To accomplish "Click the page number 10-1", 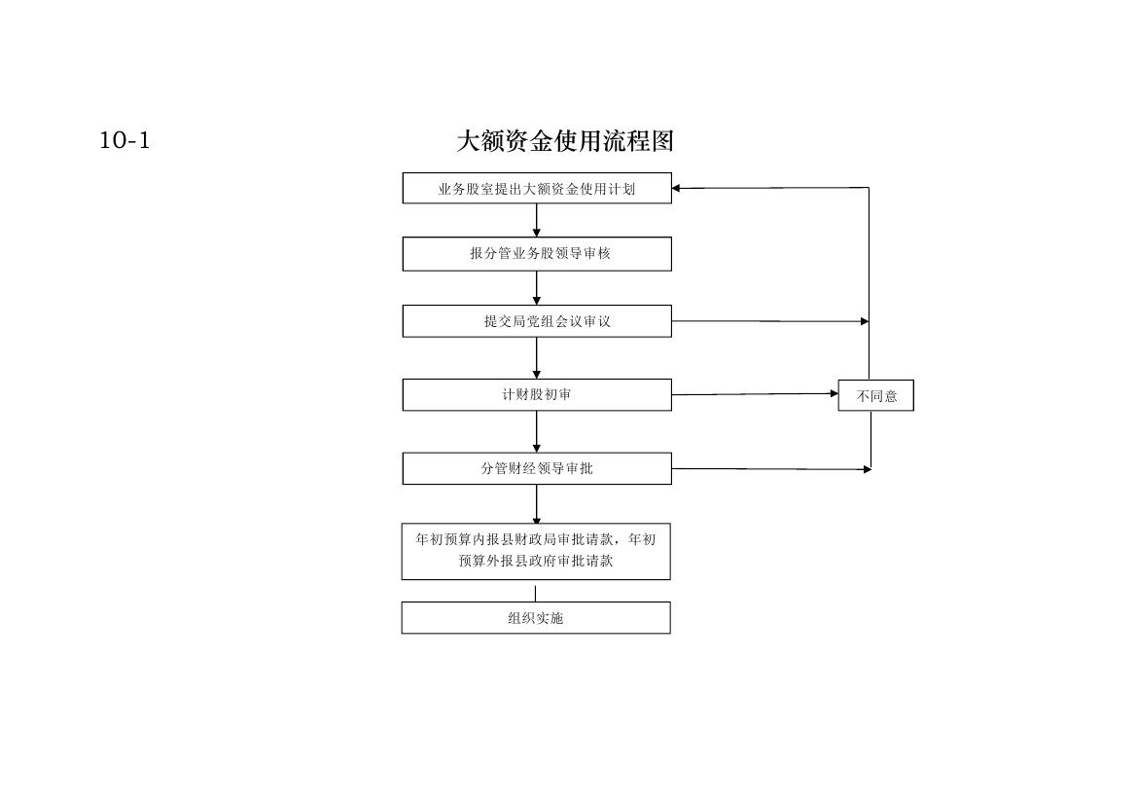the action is coord(124,140).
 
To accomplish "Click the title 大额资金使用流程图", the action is coord(565,141).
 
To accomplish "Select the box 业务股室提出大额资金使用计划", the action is coord(537,189).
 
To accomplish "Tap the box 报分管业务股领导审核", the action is coord(537,254).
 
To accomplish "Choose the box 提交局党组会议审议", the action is coord(537,321).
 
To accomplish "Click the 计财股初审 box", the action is coord(537,395).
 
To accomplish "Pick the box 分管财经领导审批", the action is coord(537,469).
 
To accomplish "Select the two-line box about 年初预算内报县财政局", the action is coord(537,552).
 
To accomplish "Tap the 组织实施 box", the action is coord(537,618).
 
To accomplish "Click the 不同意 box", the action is coord(876,395).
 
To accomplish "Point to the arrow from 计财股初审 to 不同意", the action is coord(755,394).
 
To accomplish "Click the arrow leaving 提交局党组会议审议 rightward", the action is coord(770,321).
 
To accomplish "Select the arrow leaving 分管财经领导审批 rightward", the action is coord(771,469).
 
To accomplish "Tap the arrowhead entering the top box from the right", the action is coord(676,189).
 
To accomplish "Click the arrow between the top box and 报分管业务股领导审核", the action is coord(537,220).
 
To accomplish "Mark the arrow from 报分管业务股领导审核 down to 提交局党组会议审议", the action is coord(537,288).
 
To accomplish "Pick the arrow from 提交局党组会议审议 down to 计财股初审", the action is coord(537,358).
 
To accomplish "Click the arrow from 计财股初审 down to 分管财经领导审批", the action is coord(537,432).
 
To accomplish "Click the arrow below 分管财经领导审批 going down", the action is coord(537,504).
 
